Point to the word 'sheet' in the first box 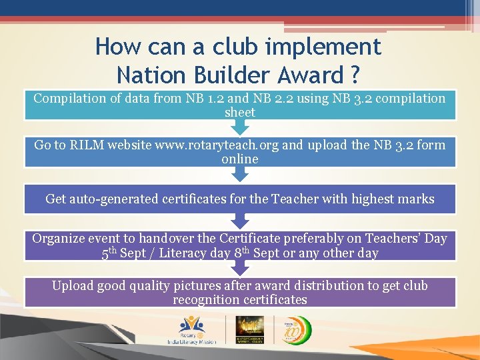[x=240, y=113]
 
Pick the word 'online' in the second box [x=240, y=159]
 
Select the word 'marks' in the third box [x=416, y=199]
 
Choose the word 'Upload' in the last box [x=73, y=286]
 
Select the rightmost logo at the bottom [x=293, y=329]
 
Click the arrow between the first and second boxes [x=240, y=126]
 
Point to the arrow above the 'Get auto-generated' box [x=240, y=174]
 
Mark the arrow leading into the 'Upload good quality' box [x=240, y=268]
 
